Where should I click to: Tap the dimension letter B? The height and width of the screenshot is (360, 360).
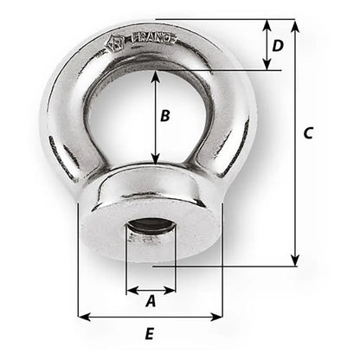(x=170, y=114)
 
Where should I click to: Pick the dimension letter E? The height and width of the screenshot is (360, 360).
(x=150, y=333)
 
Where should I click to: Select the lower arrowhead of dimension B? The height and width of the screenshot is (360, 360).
(x=156, y=158)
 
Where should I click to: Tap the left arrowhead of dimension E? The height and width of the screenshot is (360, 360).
(x=83, y=316)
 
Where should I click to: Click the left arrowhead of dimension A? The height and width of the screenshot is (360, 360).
(x=131, y=288)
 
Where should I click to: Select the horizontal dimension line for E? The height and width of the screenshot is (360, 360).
(x=150, y=316)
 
